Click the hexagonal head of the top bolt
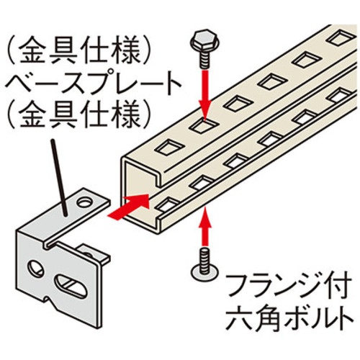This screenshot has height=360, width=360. [204, 39]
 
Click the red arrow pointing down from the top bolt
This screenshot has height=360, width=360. [204, 94]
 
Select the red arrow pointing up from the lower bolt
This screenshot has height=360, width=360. [204, 226]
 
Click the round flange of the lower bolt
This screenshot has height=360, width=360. [204, 272]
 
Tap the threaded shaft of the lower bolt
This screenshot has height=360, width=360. [204, 261]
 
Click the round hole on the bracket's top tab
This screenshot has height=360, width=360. [84, 203]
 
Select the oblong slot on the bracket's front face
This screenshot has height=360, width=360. [71, 286]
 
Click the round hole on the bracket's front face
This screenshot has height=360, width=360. [36, 268]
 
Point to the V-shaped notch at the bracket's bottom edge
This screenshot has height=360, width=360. [49, 300]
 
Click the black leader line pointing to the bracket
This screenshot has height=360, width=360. [59, 178]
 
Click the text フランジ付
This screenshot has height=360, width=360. [289, 285]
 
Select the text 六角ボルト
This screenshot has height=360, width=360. [289, 318]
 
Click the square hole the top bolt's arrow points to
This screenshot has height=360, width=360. [204, 125]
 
